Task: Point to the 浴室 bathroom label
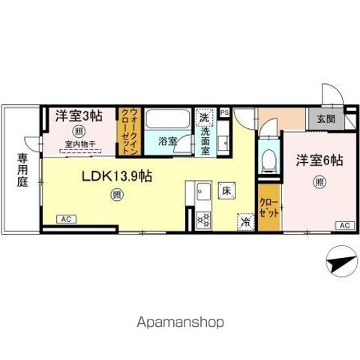pos(168,141)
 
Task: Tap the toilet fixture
pos(268,158)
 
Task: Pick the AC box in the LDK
pos(67,219)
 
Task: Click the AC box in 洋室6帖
pos(344,225)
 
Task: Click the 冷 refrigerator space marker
pos(244,220)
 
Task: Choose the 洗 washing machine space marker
pos(203,118)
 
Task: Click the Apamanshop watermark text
pos(180,322)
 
